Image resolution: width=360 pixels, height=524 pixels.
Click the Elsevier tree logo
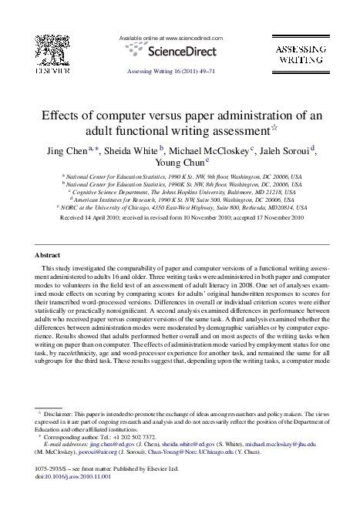point(50,52)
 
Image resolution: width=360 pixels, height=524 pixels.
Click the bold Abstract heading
point(49,232)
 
